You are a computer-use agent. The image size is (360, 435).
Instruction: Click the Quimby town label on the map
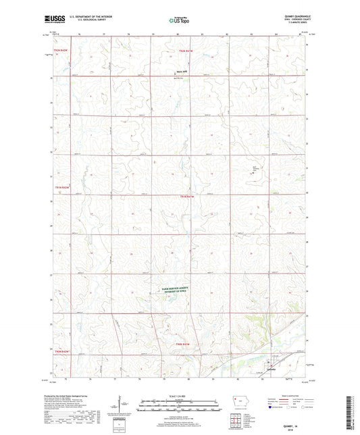[272, 369]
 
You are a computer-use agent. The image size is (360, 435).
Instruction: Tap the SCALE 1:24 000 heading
[179, 396]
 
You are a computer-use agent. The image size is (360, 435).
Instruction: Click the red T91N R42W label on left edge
[62, 188]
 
